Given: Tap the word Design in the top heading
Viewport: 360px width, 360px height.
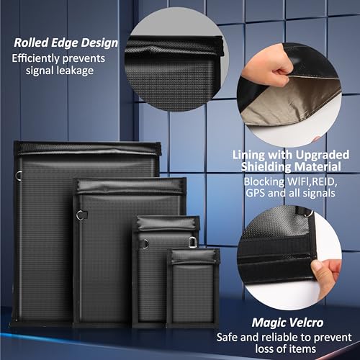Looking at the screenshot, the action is pos(99,43).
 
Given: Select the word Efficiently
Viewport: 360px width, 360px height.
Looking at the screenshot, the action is pos(35,58).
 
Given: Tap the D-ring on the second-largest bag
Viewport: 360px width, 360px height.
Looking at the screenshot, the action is pos(81,215).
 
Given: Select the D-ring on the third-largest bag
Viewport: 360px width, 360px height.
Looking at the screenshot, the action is pos(145,243).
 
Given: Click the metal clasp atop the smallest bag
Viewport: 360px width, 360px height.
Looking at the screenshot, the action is pos(192,243).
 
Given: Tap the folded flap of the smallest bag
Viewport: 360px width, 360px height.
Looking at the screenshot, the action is pos(194,256).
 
